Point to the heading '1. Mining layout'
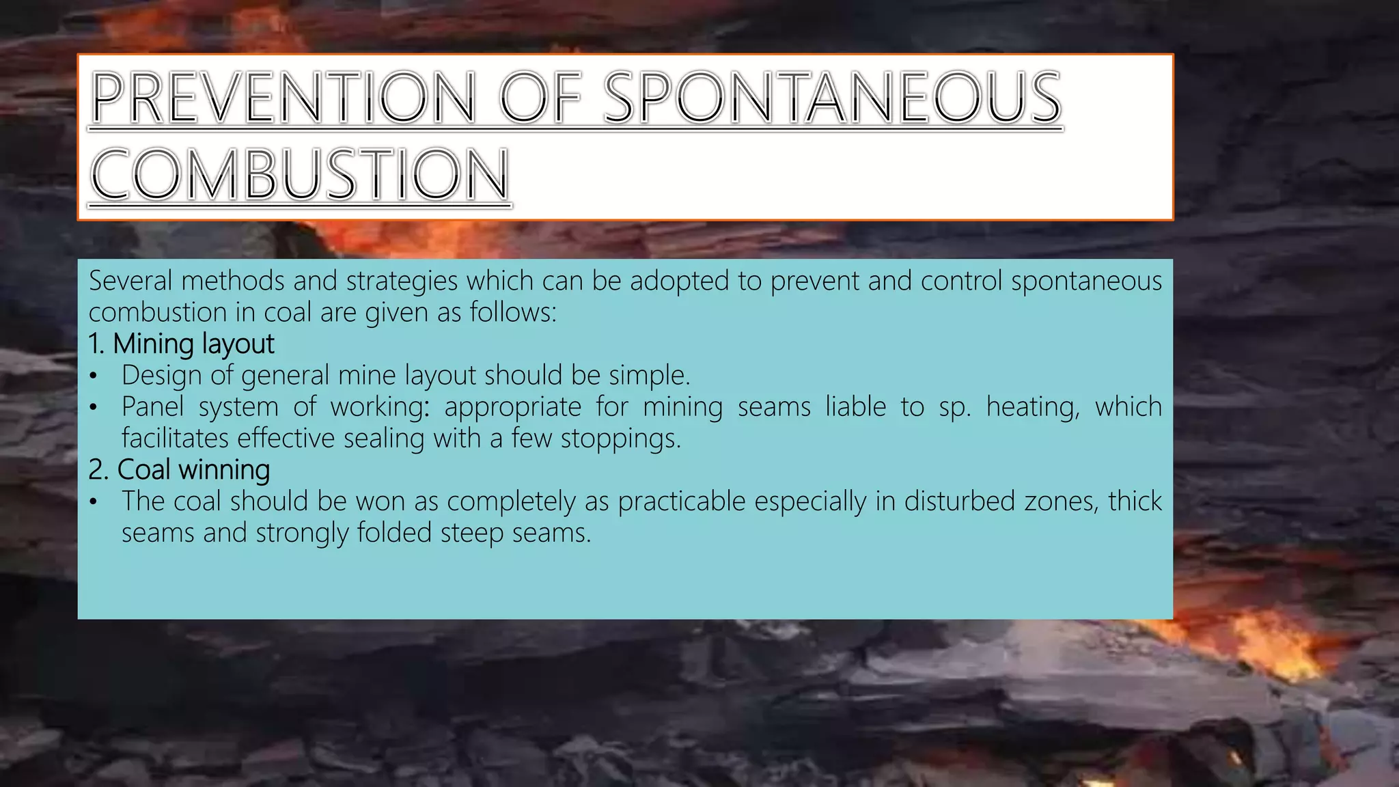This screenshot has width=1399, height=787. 181,344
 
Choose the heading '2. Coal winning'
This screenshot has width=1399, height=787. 179,470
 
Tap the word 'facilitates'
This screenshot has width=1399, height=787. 175,439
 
